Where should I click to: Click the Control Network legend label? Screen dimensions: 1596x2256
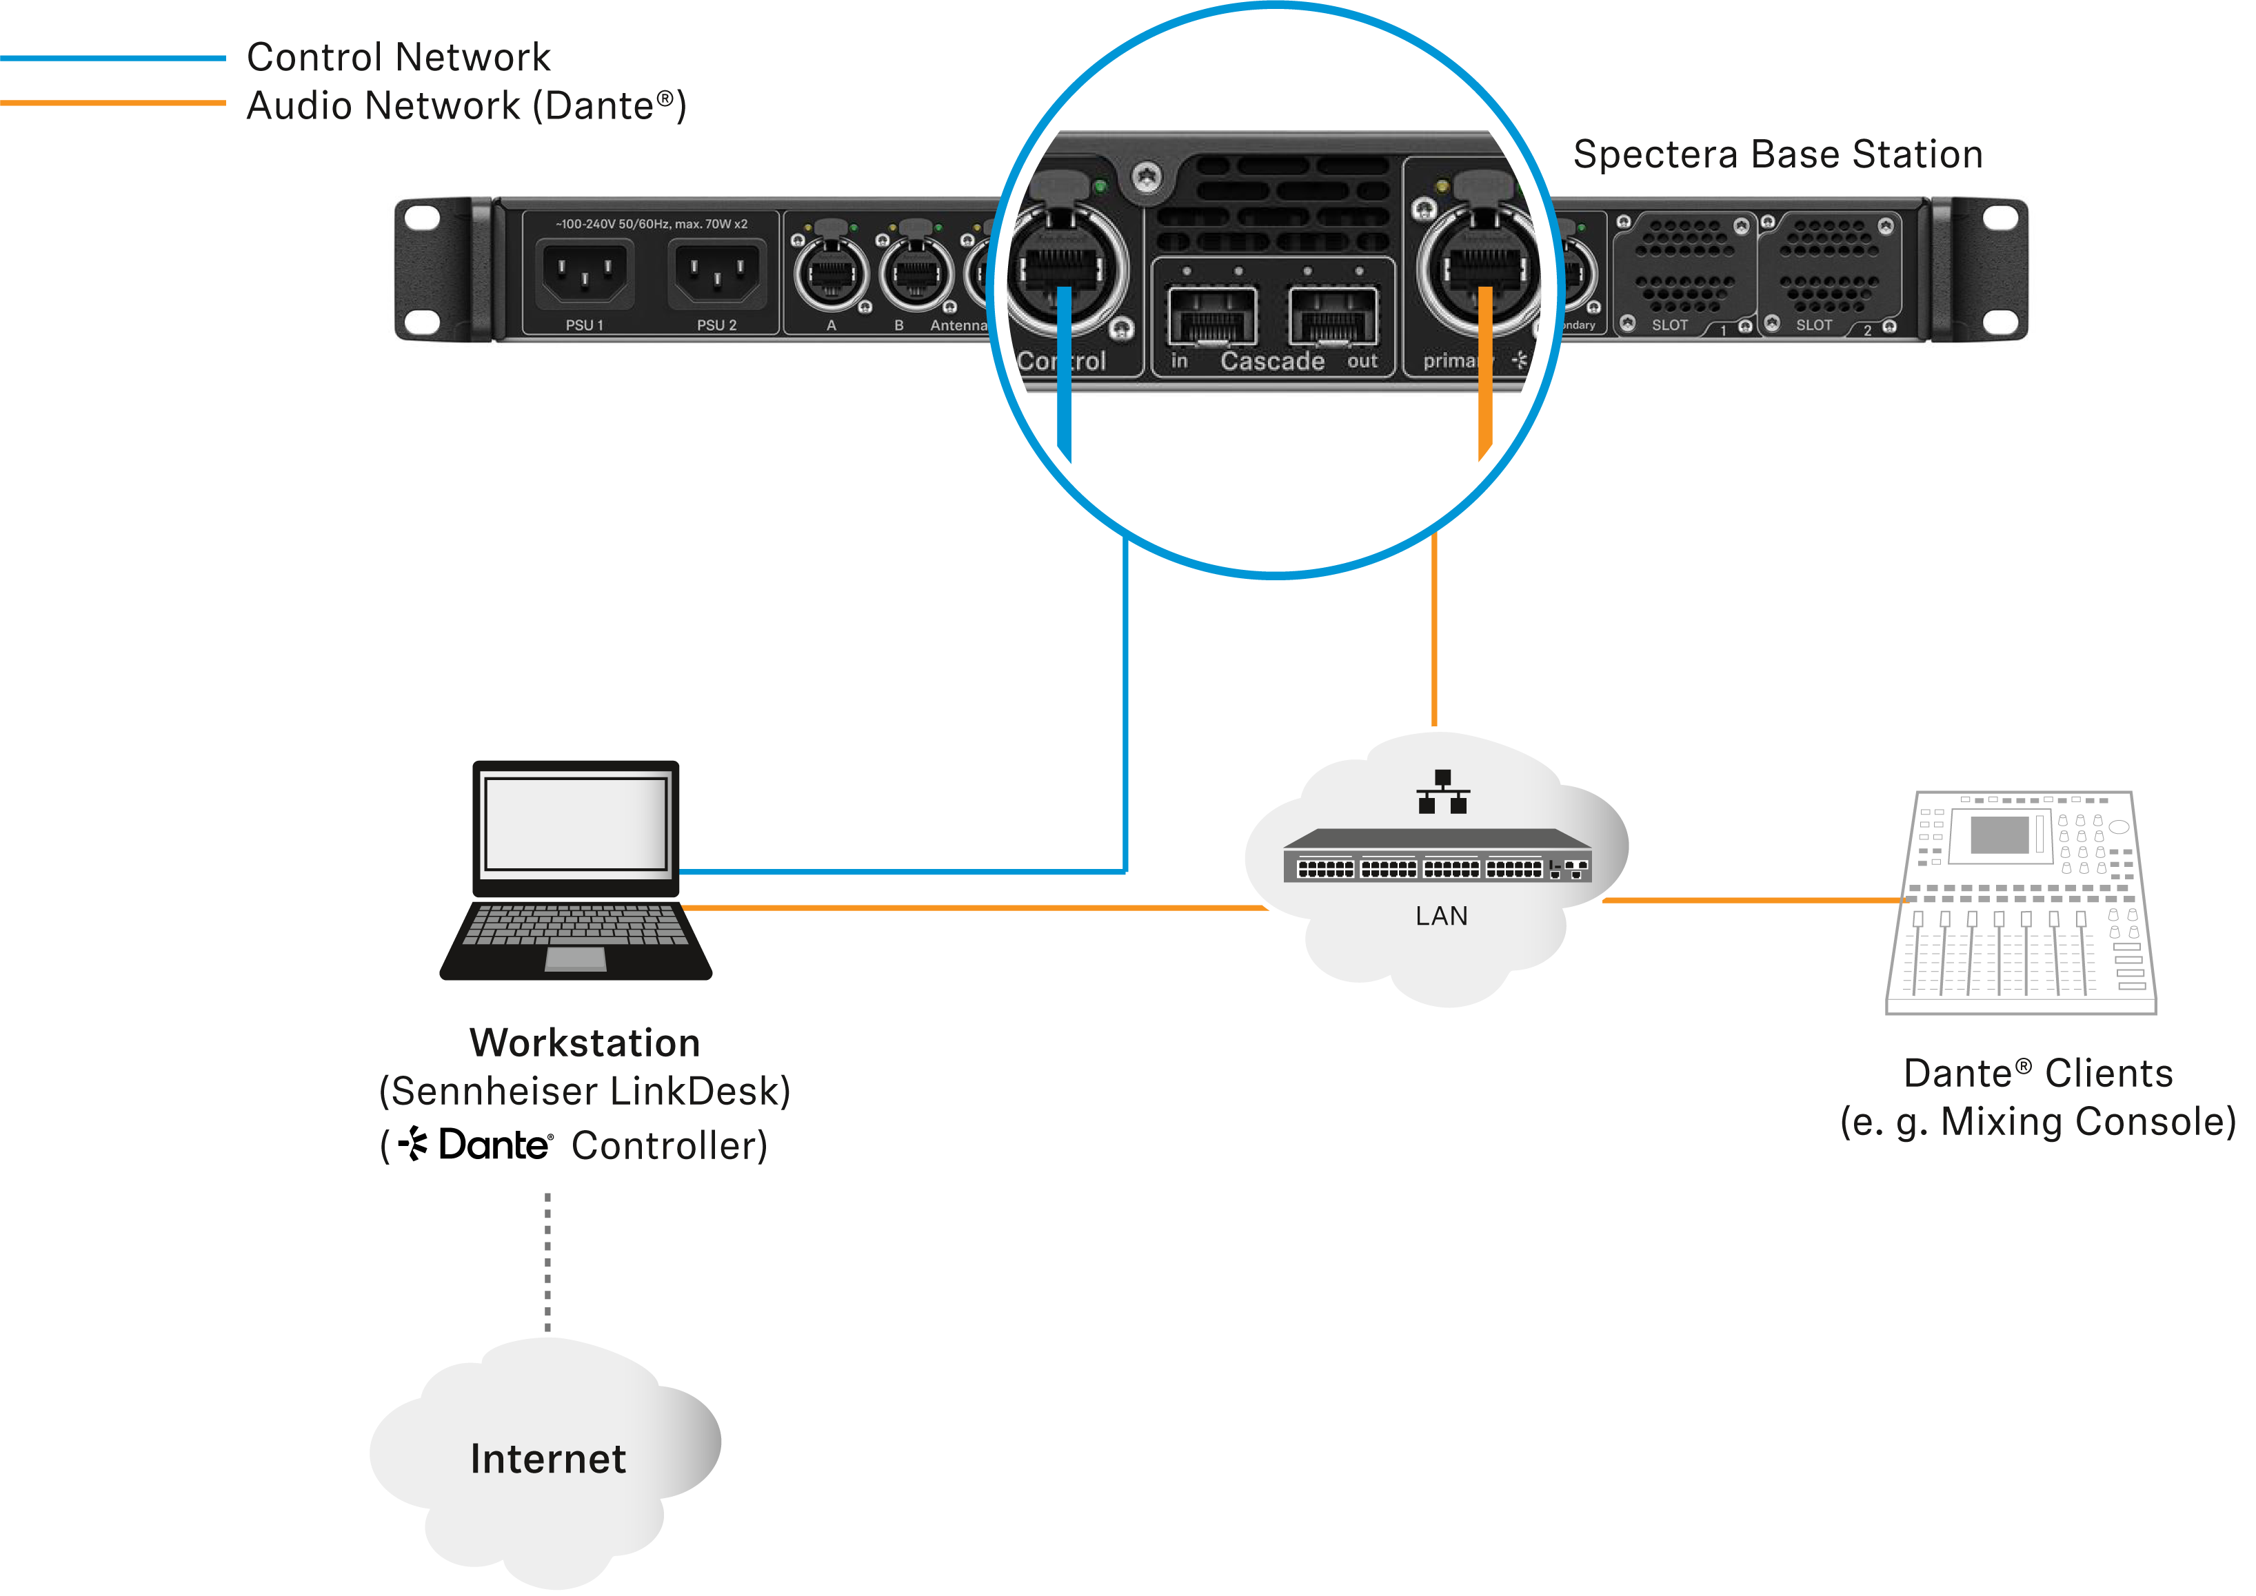click(398, 57)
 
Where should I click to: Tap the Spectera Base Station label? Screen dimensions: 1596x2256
click(1777, 154)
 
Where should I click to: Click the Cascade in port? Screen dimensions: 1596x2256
click(1212, 316)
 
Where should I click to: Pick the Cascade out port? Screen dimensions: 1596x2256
click(1333, 316)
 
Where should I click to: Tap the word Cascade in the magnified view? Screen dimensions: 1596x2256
click(1272, 362)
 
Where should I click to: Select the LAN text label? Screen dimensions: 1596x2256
click(1441, 916)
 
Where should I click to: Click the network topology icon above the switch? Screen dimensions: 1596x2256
click(1442, 792)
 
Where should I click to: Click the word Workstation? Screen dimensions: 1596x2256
click(585, 1043)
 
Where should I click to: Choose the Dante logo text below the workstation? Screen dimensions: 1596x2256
click(494, 1145)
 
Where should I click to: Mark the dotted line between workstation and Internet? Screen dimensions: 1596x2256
click(547, 1263)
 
